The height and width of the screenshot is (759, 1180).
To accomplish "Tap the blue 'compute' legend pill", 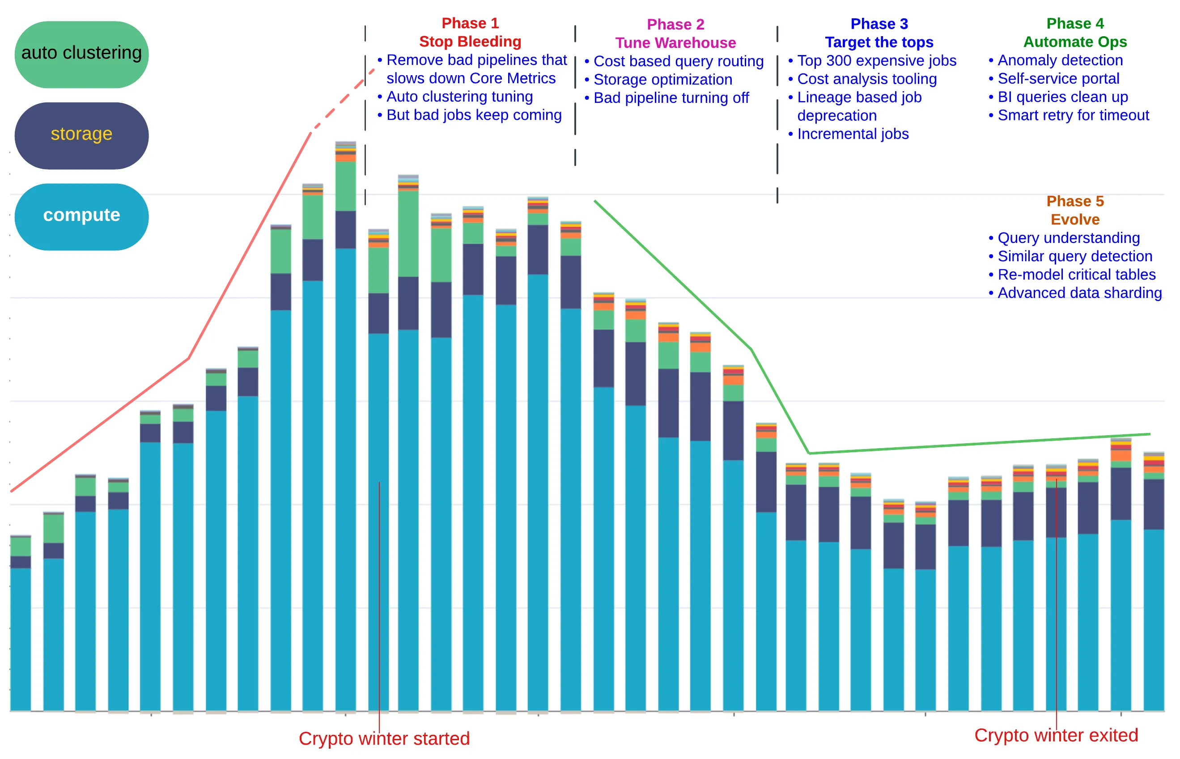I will click(x=81, y=216).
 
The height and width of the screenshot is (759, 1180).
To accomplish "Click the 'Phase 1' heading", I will click(x=470, y=23).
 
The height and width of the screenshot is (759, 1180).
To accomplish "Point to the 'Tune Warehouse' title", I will click(x=675, y=43).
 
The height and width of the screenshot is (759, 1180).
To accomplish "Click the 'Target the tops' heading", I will click(x=879, y=42).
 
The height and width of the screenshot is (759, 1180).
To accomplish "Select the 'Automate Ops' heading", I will click(x=1074, y=42).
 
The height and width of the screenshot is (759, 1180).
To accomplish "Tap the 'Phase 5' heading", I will click(x=1074, y=201).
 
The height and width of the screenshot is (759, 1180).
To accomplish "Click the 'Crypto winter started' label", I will click(x=384, y=738).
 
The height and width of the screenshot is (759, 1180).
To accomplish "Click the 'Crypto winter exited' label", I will click(x=1056, y=735).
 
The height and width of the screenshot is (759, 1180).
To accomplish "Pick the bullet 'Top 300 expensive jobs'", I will click(x=876, y=61).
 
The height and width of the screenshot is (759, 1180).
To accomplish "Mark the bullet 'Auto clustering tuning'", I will click(x=459, y=97).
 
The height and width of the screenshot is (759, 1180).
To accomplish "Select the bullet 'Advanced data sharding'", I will click(x=1079, y=293).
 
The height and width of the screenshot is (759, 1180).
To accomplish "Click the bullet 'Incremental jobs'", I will click(x=852, y=134).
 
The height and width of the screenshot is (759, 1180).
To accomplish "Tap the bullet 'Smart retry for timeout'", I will click(x=1073, y=115).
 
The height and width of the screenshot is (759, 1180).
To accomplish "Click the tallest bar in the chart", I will click(x=345, y=444).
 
